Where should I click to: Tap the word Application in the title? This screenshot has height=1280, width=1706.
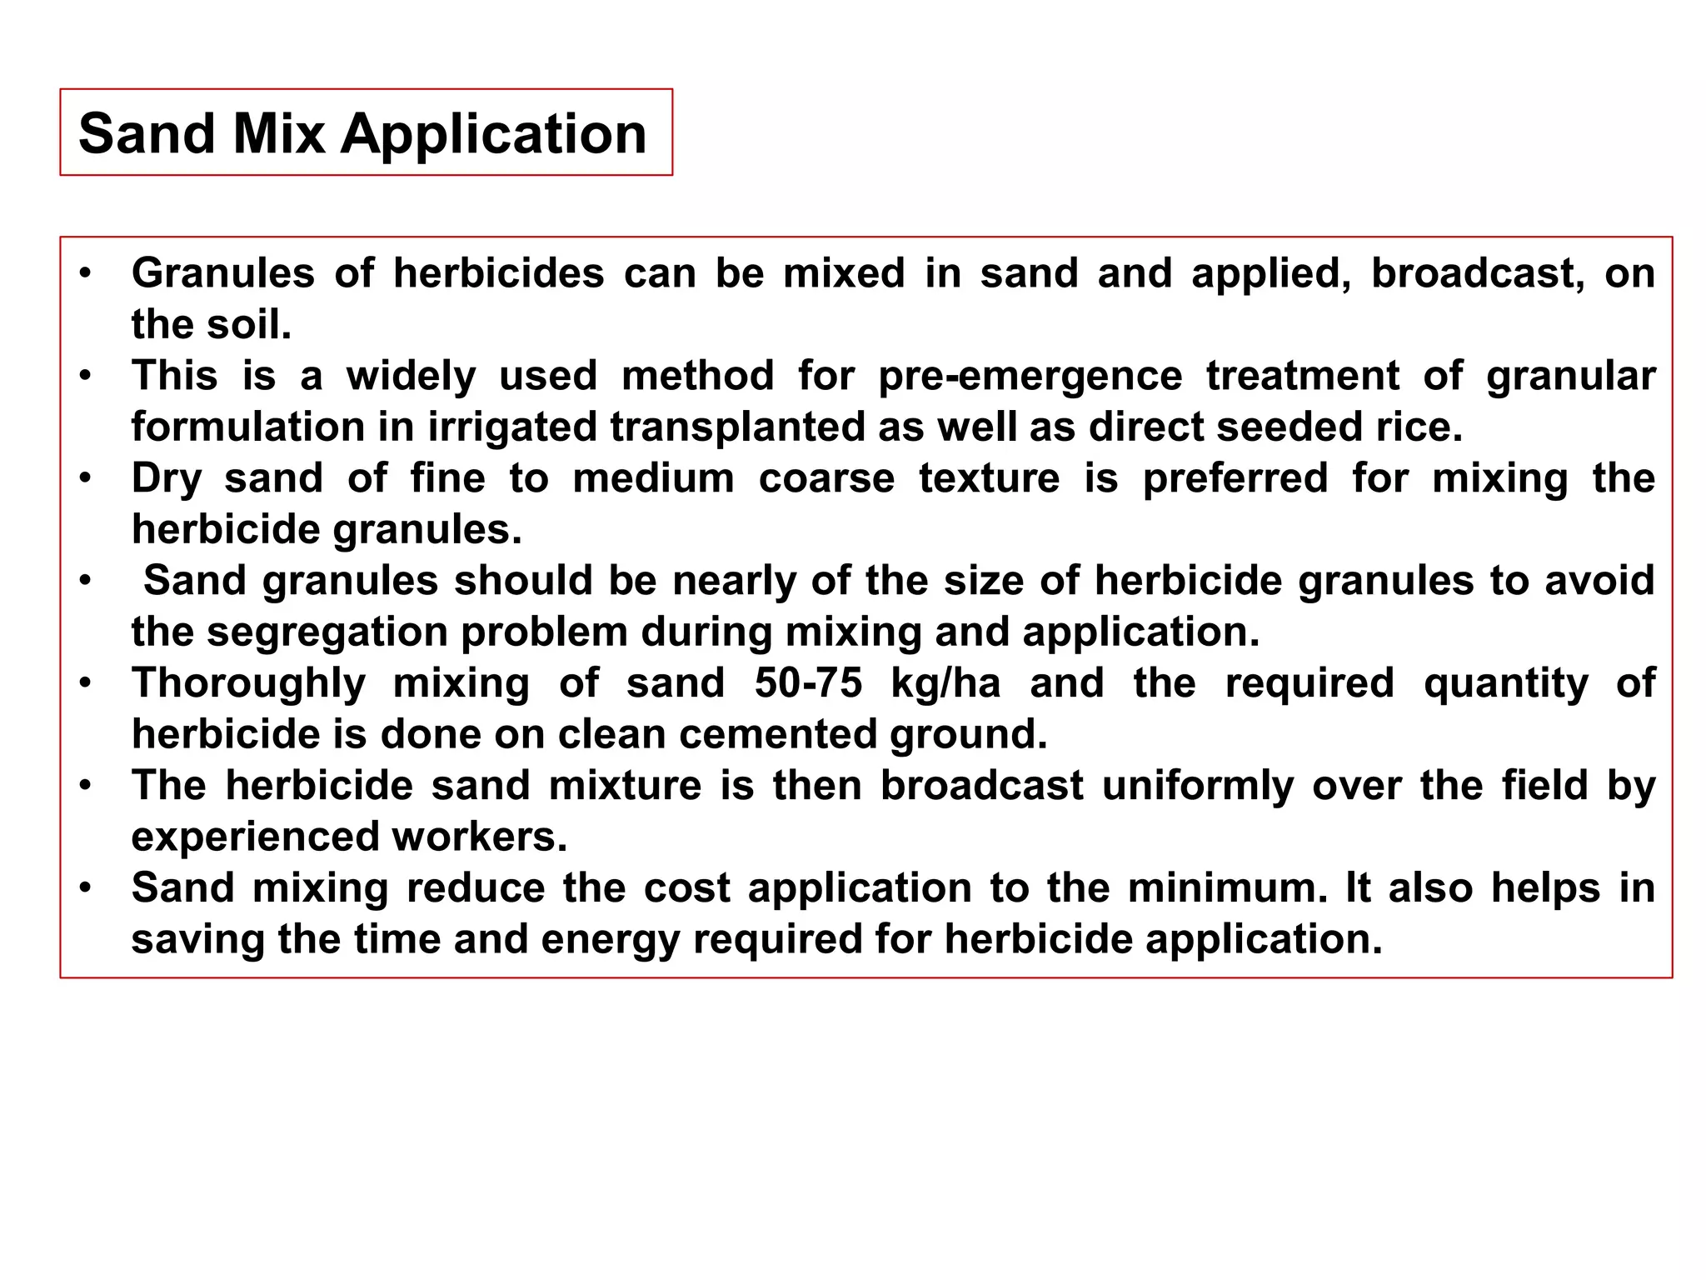[x=493, y=135]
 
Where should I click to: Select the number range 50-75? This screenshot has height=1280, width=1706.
[x=808, y=683]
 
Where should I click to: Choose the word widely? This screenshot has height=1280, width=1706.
[x=412, y=377]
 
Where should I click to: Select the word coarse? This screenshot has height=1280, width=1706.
[x=826, y=479]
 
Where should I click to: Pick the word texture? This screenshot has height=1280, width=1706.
[x=990, y=479]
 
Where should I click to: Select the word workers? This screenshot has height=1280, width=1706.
[x=480, y=837]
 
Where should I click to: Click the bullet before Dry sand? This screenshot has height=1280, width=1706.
[x=85, y=479]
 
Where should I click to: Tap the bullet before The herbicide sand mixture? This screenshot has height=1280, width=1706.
[x=85, y=786]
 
